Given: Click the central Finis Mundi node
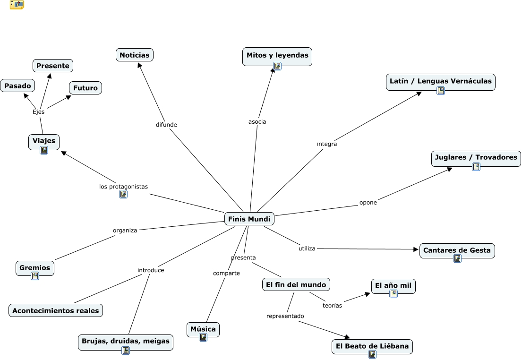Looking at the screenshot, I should tap(249, 219).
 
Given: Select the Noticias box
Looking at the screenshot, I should tap(134, 55).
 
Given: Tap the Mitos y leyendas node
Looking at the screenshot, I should tap(277, 55).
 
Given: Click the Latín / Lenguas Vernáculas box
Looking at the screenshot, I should tap(440, 81).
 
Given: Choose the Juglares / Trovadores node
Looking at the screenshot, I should tap(476, 157).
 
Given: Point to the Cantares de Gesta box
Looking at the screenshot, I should tap(457, 250).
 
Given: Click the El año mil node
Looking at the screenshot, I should tap(393, 285).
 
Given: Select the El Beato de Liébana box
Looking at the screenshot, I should tap(372, 346).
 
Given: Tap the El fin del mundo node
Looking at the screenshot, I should tap(296, 284).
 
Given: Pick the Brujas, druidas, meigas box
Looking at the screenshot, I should tap(125, 341).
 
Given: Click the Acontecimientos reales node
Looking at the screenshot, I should tap(56, 310).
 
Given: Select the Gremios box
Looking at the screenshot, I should tap(34, 267).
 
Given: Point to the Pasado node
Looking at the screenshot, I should tap(17, 86).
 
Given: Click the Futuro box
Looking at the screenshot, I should tap(85, 88).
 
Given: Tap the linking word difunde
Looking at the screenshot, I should tap(166, 125).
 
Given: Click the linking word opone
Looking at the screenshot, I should tap(368, 203).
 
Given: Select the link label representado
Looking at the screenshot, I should tap(285, 316).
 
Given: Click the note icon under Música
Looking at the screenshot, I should tap(203, 337).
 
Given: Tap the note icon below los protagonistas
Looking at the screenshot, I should tap(123, 194).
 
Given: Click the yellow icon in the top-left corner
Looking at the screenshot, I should tap(17, 5).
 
